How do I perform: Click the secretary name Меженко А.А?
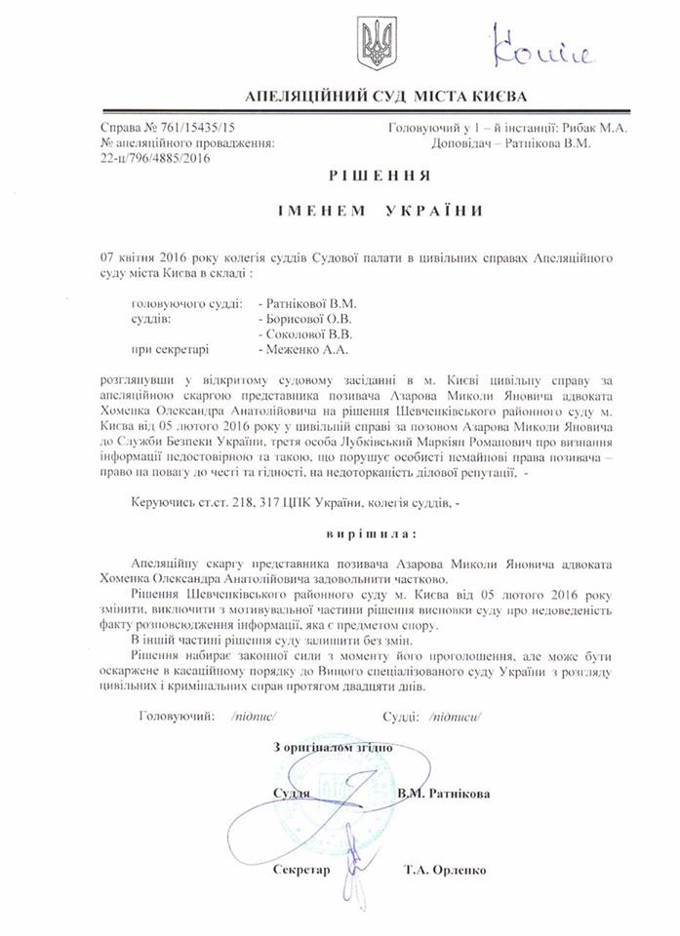(x=303, y=348)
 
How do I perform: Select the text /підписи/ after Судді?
(x=455, y=717)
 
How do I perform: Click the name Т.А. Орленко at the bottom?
(x=443, y=870)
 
